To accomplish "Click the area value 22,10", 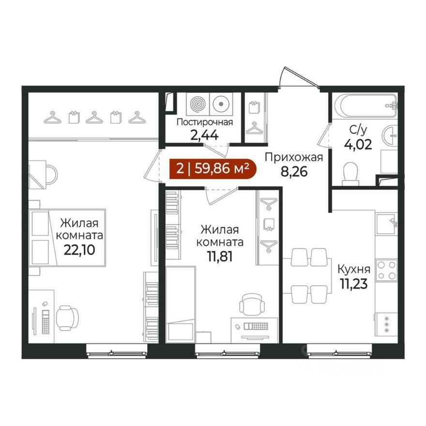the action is (x=79, y=250).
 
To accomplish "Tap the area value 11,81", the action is (x=220, y=257).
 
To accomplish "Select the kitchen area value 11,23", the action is (x=354, y=284).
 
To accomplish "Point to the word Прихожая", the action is (x=294, y=158).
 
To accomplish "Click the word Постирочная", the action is (x=205, y=122).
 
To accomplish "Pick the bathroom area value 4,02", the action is (x=358, y=145).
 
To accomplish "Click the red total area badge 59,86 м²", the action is (x=213, y=169).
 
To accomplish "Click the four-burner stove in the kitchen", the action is (x=386, y=270).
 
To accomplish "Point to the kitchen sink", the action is (x=386, y=224).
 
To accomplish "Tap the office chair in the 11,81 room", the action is (x=252, y=304).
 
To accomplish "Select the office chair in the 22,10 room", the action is (x=67, y=318).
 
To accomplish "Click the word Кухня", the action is (x=354, y=270).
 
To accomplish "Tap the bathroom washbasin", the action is (x=390, y=135).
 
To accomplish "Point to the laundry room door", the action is (x=216, y=151).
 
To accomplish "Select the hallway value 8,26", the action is (x=294, y=172).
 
